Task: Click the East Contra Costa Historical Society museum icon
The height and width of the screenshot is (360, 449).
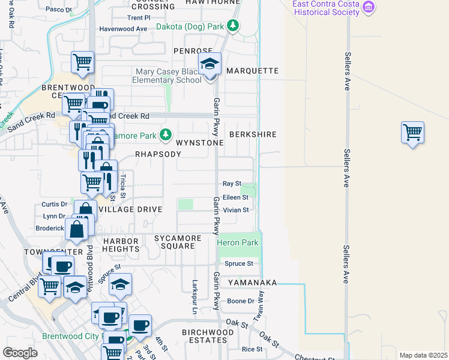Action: click(x=369, y=8)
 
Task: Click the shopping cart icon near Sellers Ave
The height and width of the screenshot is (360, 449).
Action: click(x=412, y=133)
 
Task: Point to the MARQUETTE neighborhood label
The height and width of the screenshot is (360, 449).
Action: click(x=253, y=71)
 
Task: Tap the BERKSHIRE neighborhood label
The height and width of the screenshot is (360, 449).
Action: click(x=253, y=134)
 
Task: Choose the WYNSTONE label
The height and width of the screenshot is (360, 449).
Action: click(x=200, y=143)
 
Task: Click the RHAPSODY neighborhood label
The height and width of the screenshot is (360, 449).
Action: click(x=158, y=154)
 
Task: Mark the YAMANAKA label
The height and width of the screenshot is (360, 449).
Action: click(x=249, y=282)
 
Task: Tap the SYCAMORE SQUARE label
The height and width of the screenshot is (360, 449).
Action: click(x=178, y=242)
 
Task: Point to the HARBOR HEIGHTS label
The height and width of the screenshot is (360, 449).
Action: click(x=121, y=245)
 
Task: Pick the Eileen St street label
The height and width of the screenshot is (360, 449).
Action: click(x=235, y=197)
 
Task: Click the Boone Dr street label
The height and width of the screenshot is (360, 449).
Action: click(x=241, y=301)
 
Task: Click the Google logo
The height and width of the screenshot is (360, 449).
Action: click(x=20, y=353)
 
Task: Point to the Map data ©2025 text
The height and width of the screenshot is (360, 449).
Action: click(x=423, y=355)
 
